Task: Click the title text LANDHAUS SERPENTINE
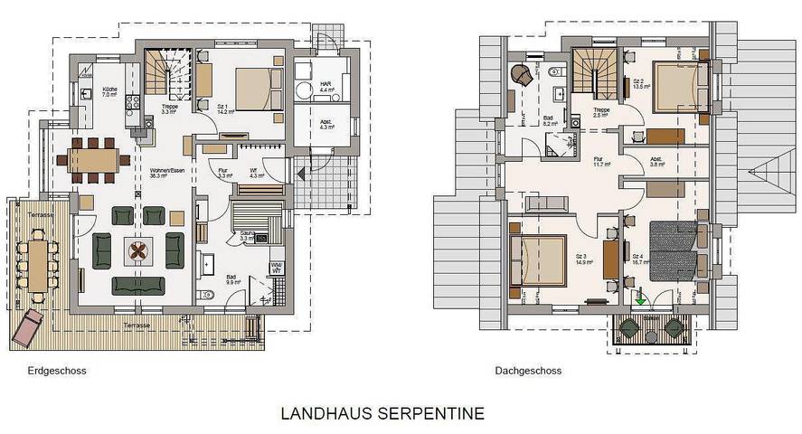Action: coord(382,414)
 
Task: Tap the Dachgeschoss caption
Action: coord(528,371)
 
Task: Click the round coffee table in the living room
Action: coord(138,252)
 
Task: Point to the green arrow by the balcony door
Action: coord(638,295)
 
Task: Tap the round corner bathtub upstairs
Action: coord(522,74)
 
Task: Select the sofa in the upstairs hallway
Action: coord(546,204)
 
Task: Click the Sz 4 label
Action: coord(638,259)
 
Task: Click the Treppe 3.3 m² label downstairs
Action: coord(169,108)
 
